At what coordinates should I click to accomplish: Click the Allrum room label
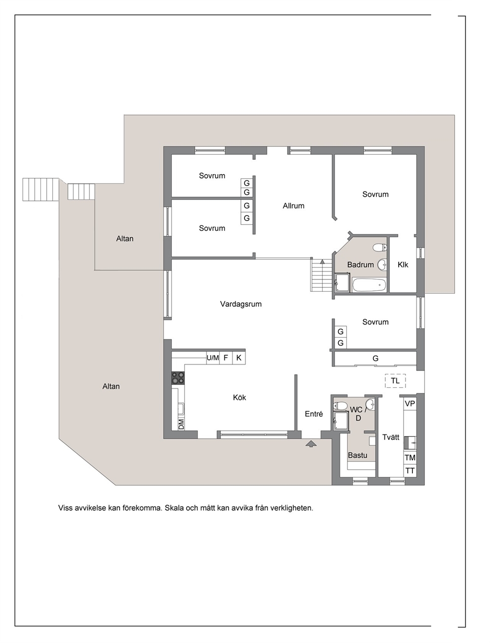point(293,206)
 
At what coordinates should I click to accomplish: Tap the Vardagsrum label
point(241,304)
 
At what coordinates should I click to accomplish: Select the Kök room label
point(239,398)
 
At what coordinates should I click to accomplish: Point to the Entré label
point(314,414)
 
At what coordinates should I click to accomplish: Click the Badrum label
point(361,265)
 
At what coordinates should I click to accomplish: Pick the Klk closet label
point(403,265)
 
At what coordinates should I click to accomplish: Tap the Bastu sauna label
point(358,456)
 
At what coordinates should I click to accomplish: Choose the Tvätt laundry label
point(391,437)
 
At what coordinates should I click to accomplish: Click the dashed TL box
point(395,381)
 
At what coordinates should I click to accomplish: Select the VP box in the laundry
point(410,404)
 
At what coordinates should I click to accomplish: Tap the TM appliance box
point(410,458)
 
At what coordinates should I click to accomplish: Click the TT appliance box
point(410,470)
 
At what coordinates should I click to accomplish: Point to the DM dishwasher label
point(181,424)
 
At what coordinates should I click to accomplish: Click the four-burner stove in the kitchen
point(178,378)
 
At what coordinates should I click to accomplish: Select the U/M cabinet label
point(213,358)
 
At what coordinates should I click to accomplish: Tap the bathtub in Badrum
point(370,285)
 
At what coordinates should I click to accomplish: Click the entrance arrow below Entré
point(311,444)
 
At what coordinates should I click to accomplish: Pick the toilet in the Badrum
point(380,248)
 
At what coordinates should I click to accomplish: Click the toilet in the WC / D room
point(340,406)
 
